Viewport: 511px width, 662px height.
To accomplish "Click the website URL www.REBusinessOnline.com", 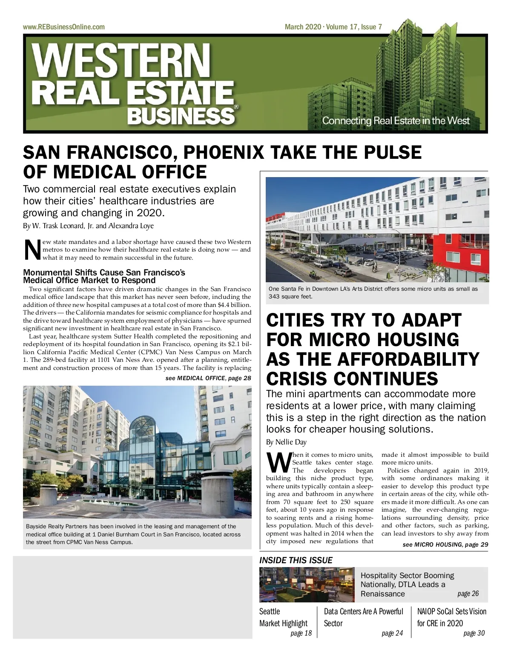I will point(63,27).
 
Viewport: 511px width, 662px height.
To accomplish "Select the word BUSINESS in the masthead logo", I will point(181,116).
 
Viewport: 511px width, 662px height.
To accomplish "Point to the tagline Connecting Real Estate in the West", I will point(396,120).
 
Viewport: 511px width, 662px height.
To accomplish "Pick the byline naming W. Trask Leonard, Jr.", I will point(88,226).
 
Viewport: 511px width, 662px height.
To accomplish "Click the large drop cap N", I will point(32,250).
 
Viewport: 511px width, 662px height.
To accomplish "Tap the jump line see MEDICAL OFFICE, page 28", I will point(208,378).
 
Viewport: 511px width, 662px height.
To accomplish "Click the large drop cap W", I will point(277,463).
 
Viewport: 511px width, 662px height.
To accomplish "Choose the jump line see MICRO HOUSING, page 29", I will point(445,545).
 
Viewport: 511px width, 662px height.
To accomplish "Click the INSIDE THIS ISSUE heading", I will point(296,560).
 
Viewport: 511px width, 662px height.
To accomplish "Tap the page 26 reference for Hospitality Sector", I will point(468,593).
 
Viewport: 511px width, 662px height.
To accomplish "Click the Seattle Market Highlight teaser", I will point(283,617).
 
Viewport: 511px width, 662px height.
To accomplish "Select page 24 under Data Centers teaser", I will point(392,633).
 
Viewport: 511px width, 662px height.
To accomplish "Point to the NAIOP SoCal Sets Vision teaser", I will point(451,617).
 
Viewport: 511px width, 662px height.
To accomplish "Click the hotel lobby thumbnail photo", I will point(307,584).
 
